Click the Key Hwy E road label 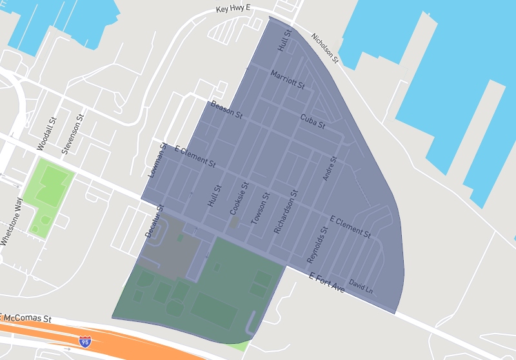pyautogui.click(x=233, y=10)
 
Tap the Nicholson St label pyautogui.click(x=325, y=48)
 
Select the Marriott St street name pyautogui.click(x=287, y=80)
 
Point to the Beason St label pyautogui.click(x=226, y=111)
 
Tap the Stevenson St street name pyautogui.click(x=73, y=134)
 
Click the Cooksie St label pyautogui.click(x=238, y=198)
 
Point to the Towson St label pyautogui.click(x=259, y=208)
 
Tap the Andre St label pyautogui.click(x=330, y=168)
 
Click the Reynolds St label pyautogui.click(x=317, y=245)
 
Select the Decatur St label pyautogui.click(x=155, y=221)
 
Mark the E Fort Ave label pyautogui.click(x=326, y=283)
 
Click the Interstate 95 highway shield pyautogui.click(x=85, y=341)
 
